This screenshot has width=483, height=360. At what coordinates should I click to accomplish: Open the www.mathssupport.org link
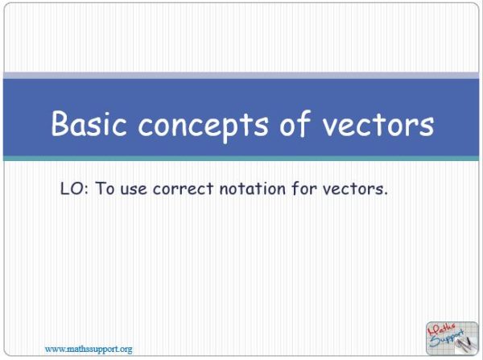89,349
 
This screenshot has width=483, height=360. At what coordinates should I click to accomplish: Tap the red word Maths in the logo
442,329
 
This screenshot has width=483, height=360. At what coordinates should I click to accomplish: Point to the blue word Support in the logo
448,338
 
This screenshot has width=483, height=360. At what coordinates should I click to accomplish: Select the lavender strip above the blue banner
242,75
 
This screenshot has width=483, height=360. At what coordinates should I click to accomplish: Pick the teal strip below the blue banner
242,159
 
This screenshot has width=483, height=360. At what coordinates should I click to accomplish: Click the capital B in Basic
61,124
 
